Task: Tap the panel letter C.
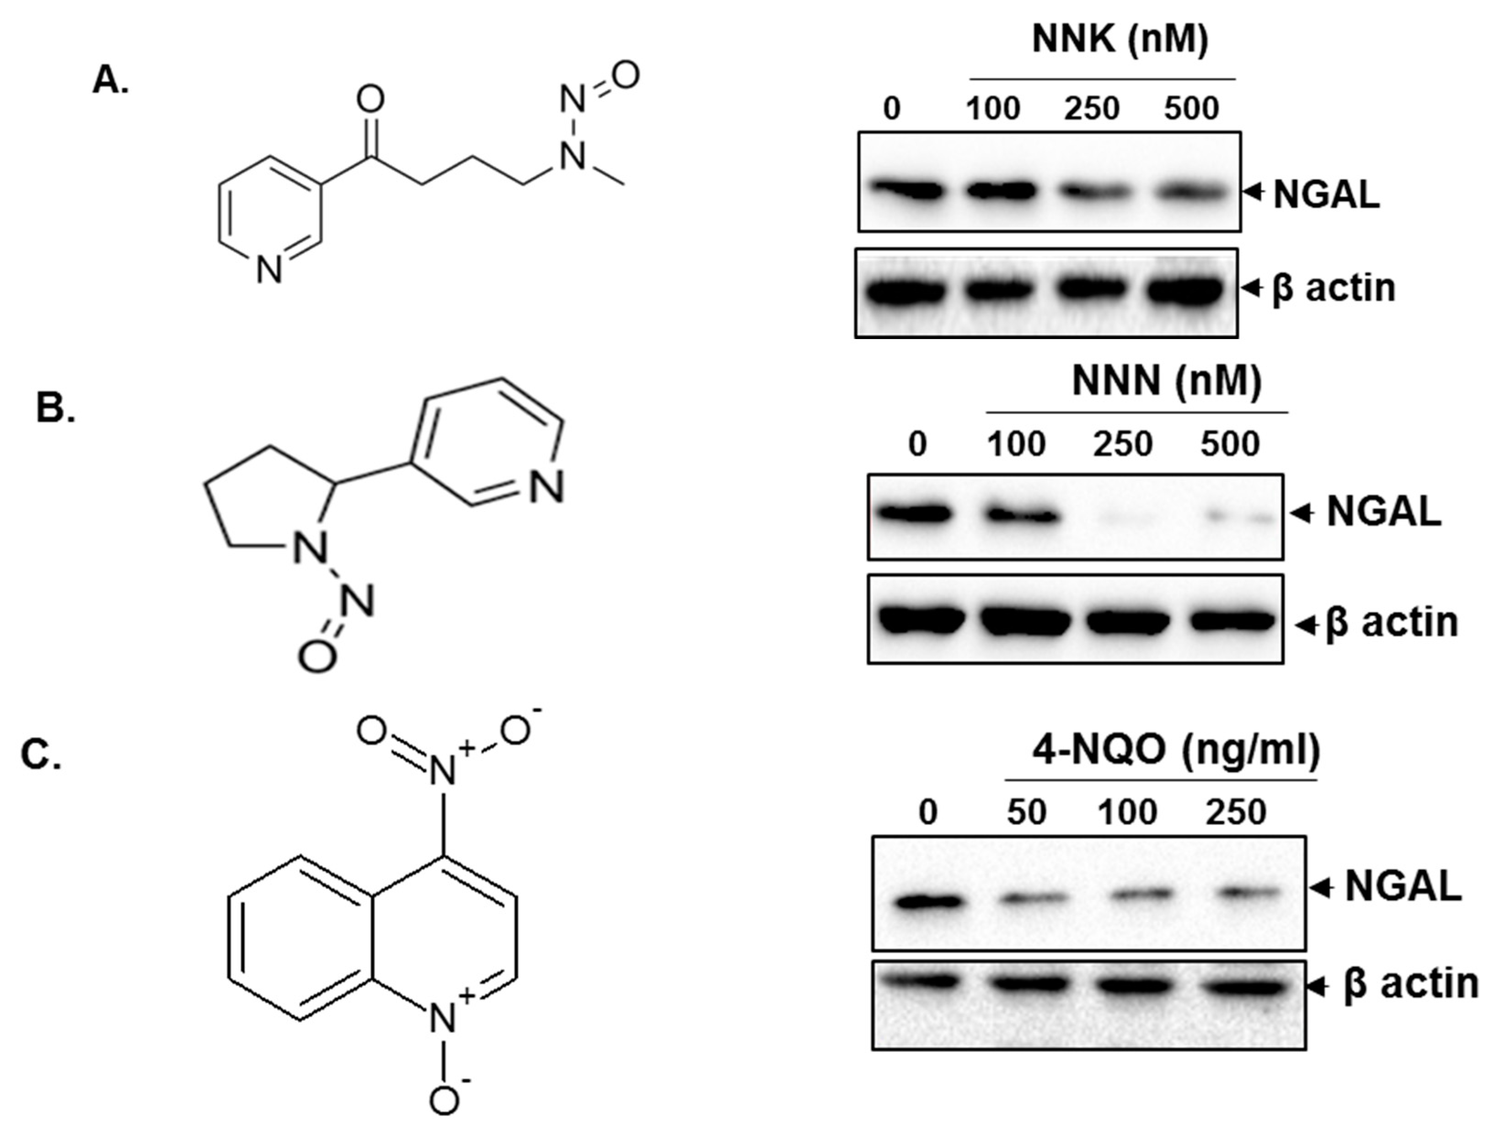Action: coord(41,755)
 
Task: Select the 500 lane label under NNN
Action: coord(1231,445)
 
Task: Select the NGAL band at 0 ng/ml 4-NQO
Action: coord(928,901)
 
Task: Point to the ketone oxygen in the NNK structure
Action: coord(370,100)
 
